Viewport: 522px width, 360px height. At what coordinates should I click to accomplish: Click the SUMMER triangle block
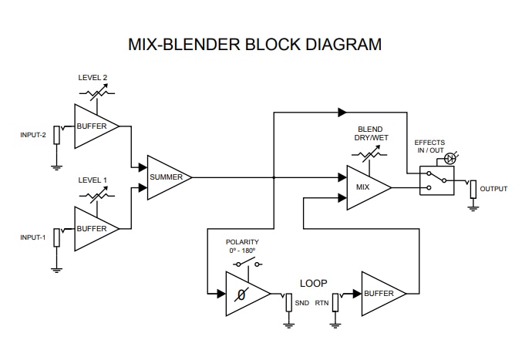167,177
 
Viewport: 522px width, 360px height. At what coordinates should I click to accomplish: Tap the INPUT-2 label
33,135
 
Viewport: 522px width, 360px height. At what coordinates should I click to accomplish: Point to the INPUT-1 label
33,237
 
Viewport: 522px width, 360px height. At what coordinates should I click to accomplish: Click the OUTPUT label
493,189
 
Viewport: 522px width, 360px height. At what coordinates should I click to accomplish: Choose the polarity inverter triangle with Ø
244,294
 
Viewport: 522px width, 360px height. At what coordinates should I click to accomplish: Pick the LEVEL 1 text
93,180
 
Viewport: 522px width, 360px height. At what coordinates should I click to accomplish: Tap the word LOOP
313,283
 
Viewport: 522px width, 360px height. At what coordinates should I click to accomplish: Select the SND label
301,303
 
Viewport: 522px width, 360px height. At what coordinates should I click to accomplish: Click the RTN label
322,303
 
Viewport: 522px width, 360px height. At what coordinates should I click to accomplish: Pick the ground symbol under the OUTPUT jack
473,207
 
